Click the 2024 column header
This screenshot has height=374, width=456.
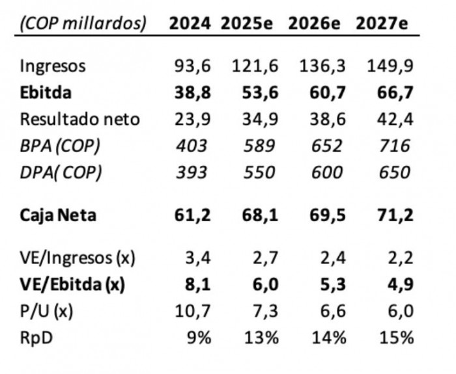(x=190, y=23)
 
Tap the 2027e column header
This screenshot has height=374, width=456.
(x=382, y=23)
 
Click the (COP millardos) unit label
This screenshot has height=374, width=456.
(x=83, y=23)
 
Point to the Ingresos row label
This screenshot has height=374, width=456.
(x=53, y=66)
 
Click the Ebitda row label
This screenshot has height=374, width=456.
(x=46, y=92)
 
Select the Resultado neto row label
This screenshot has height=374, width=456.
(x=79, y=119)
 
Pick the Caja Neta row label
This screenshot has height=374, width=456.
(x=58, y=215)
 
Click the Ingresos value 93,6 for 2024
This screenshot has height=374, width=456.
(x=192, y=66)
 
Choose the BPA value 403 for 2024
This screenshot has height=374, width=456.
(x=192, y=146)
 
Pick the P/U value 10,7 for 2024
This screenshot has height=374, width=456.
(x=192, y=311)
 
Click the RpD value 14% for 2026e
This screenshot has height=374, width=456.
(x=329, y=338)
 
